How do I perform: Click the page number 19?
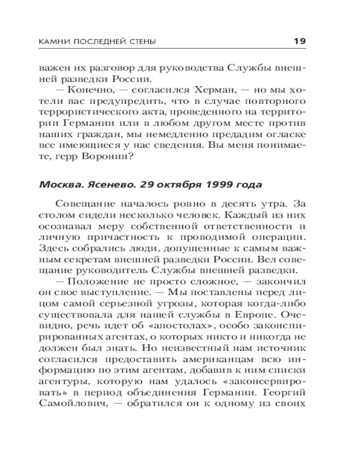tap(300, 41)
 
